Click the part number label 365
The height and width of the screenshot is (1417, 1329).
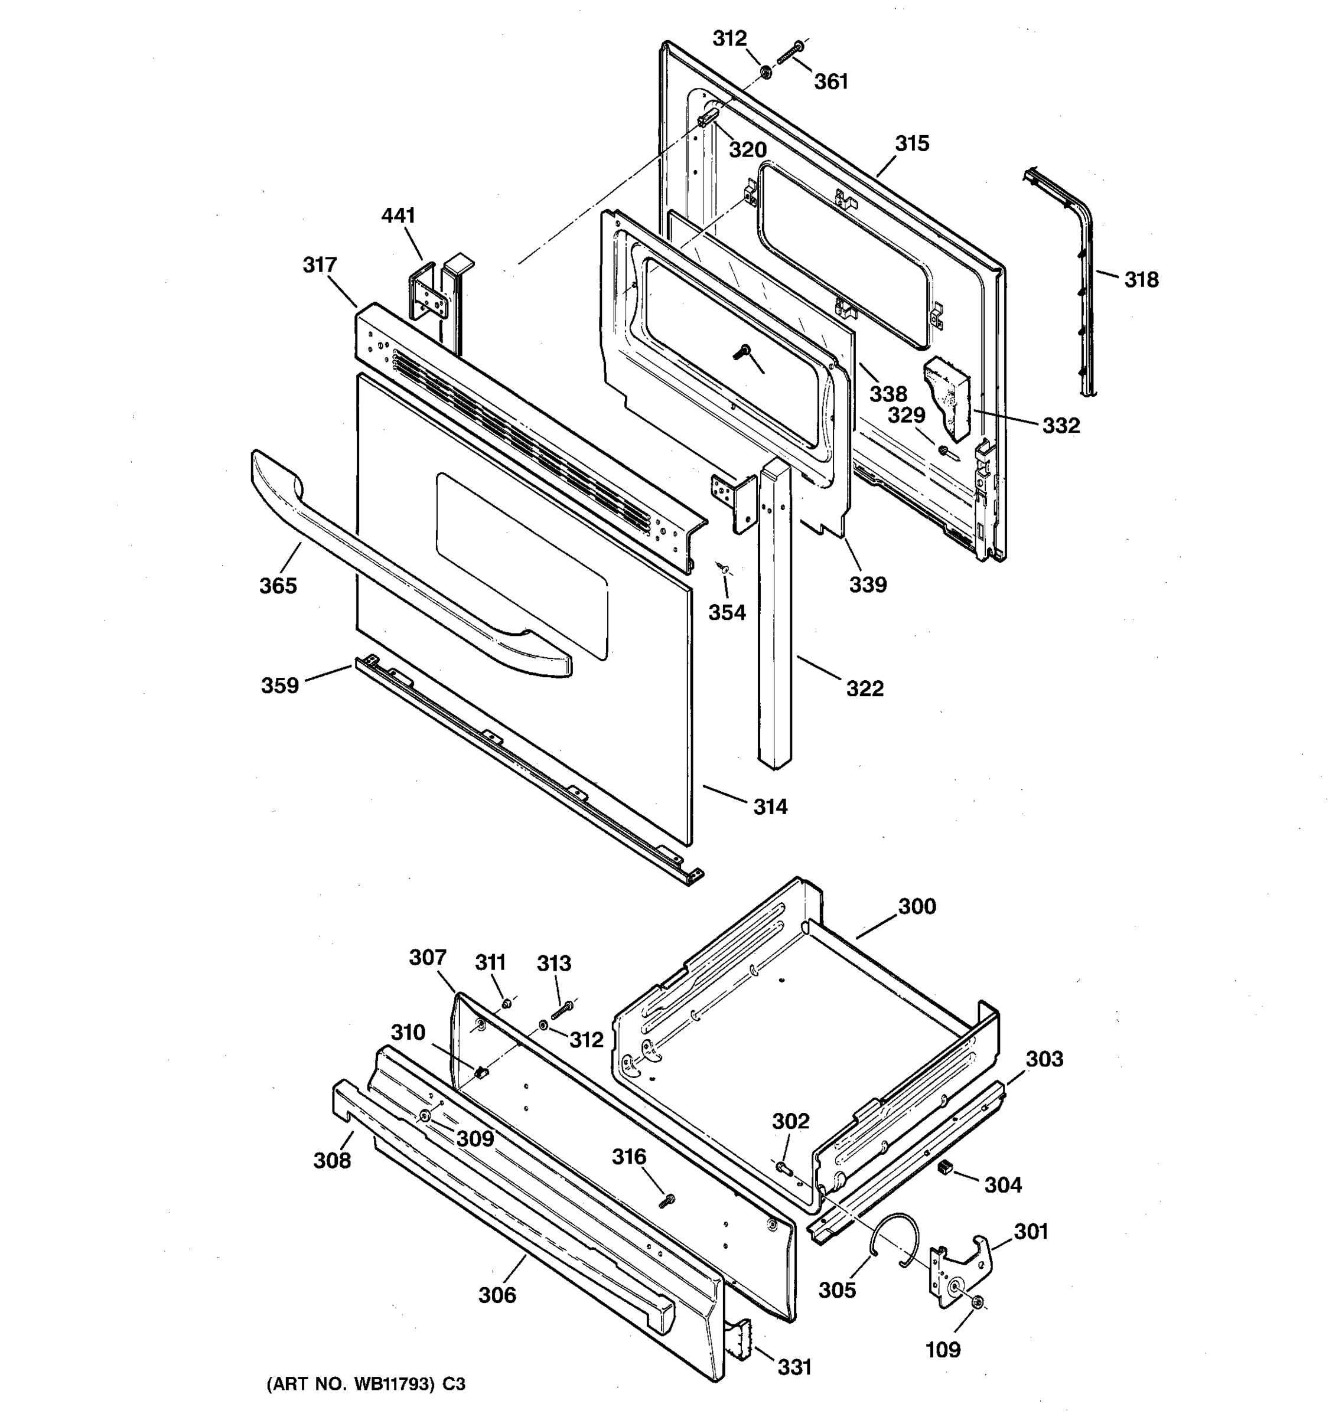[278, 586]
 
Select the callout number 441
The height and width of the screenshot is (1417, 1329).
[399, 216]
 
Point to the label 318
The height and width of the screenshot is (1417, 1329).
[1142, 280]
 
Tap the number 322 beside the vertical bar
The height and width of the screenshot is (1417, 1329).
[865, 688]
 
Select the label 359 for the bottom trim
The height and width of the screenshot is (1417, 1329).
[279, 685]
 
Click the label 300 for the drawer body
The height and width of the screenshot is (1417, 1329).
[917, 907]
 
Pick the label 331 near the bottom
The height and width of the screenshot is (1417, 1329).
[794, 1367]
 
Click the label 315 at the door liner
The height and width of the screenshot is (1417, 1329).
[913, 144]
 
